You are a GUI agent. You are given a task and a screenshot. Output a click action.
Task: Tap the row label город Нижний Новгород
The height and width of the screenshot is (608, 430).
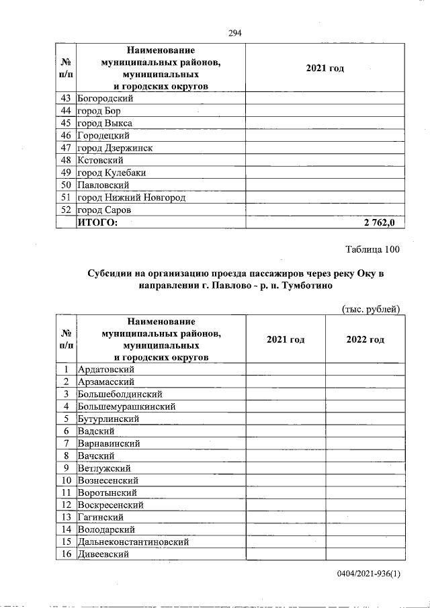[x=131, y=198]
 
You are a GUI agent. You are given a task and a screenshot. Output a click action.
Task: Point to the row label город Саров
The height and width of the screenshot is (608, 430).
[x=103, y=210]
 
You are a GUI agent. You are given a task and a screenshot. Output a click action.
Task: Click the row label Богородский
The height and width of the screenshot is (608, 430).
[x=105, y=99]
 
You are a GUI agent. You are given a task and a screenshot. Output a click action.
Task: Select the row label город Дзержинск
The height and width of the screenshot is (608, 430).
[x=115, y=148]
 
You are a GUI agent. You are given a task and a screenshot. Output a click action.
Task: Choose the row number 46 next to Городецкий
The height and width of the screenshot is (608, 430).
[x=66, y=136]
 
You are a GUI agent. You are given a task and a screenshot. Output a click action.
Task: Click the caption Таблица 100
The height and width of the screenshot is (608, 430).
[x=372, y=250]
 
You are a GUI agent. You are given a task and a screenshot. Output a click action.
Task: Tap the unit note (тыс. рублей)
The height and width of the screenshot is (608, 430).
[x=371, y=308]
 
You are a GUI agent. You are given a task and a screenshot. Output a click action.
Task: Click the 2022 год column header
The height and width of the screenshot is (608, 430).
[x=365, y=340]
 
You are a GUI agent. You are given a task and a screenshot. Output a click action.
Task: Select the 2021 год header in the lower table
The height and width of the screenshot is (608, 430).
[x=285, y=340]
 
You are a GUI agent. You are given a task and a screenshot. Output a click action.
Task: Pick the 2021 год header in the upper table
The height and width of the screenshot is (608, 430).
[x=325, y=69]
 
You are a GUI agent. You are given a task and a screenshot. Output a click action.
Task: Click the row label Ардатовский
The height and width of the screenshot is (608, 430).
[x=106, y=370]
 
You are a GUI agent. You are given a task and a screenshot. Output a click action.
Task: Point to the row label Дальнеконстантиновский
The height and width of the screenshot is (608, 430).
[x=133, y=541]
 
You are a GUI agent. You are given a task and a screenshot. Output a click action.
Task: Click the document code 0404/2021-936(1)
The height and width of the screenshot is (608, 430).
[x=369, y=575]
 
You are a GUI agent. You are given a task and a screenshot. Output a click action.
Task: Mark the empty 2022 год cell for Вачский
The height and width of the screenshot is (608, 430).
[x=365, y=455]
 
